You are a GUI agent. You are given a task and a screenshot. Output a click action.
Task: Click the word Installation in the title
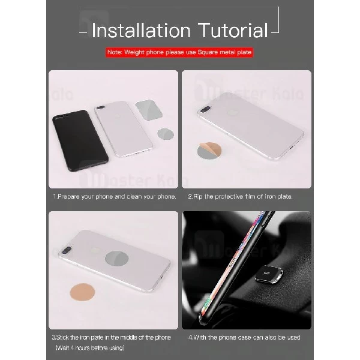click(139, 30)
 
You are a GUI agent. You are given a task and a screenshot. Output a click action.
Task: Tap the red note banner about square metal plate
click(179, 53)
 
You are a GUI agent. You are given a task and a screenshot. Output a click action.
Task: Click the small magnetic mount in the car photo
click(271, 275)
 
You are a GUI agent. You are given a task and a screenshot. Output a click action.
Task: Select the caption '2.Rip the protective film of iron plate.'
click(244, 197)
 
